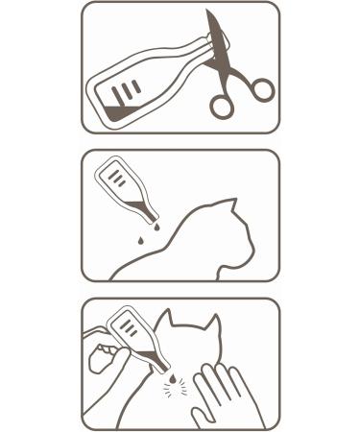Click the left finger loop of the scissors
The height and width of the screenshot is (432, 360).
tap(222, 106)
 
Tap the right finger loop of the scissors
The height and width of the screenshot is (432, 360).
tap(261, 90)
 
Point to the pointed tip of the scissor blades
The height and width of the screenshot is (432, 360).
tap(209, 13)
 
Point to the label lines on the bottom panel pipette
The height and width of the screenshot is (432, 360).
tap(128, 329)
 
